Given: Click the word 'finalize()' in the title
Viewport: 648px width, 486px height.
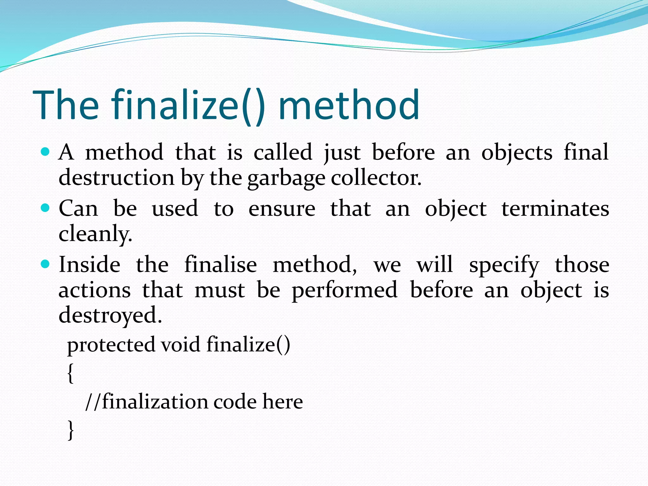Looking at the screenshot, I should point(188,105).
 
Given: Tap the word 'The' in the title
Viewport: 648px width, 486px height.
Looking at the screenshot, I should point(66,105).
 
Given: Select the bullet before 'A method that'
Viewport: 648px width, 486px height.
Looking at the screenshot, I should point(46,152).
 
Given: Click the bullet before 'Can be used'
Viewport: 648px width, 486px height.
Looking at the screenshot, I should point(46,208).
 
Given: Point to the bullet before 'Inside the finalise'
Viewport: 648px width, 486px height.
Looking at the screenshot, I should point(46,264).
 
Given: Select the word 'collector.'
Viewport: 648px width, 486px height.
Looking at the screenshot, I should point(376,178).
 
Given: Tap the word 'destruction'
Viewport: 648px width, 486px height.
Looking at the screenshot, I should point(116,178).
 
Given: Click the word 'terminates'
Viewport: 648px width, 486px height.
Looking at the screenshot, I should point(555,209).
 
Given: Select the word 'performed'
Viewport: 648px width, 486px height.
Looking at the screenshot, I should point(344,290).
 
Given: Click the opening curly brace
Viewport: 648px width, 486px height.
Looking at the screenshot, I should point(71,373).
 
